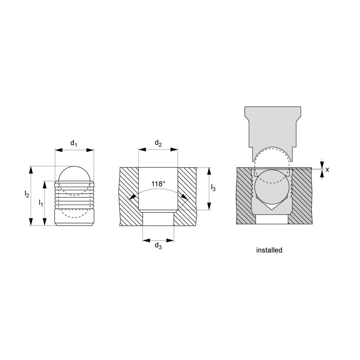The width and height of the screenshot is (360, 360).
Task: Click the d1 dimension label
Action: (74, 143)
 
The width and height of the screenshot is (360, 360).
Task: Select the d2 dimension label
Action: (158, 143)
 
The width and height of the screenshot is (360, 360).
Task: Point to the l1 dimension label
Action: (41, 203)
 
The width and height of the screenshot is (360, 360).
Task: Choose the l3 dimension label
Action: (213, 188)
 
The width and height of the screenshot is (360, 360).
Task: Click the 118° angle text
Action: (157, 184)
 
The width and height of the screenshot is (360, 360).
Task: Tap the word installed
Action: (269, 250)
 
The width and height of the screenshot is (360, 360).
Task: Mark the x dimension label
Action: (327, 170)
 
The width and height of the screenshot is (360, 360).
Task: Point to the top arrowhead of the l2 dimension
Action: (31, 170)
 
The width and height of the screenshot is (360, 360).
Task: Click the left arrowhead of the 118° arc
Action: (132, 197)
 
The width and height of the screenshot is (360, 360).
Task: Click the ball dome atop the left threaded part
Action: (74, 173)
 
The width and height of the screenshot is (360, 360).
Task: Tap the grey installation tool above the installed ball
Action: (272, 128)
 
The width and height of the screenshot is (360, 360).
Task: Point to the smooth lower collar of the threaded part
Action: (74, 217)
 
